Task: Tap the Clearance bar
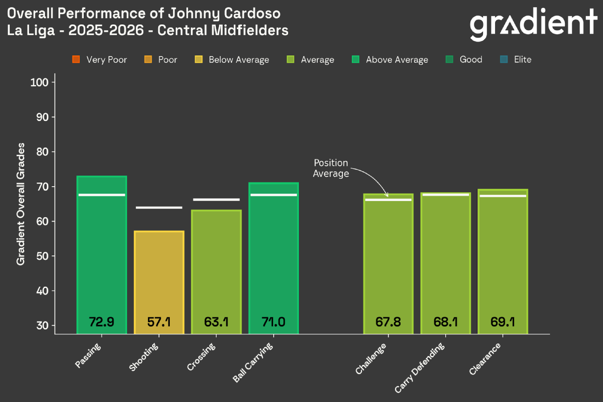[502, 261]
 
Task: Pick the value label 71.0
[274, 322]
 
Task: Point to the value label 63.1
[216, 322]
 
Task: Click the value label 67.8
[388, 322]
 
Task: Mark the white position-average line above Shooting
[159, 208]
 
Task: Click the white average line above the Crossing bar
[216, 200]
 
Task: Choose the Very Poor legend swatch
[76, 60]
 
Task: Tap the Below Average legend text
[239, 60]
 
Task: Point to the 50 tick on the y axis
[43, 256]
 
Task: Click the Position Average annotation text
[330, 168]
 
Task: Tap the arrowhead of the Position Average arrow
[386, 194]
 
